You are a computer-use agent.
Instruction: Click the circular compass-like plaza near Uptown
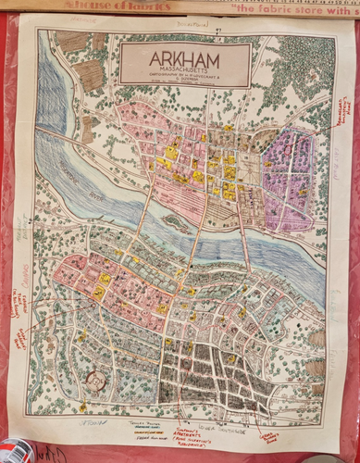point(93,381)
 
